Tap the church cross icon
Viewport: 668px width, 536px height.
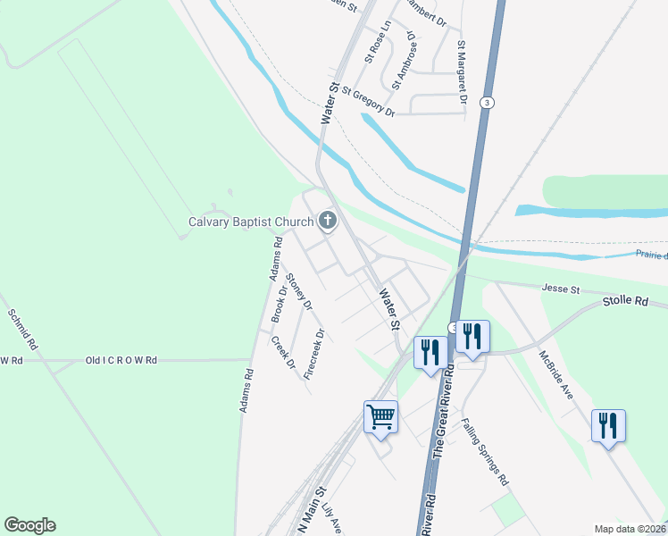tap(327, 220)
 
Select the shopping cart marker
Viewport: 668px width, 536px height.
tap(381, 417)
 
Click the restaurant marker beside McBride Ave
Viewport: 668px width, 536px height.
tap(607, 426)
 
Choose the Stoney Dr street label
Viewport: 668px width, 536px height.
tap(300, 294)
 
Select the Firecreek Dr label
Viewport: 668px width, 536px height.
tap(313, 355)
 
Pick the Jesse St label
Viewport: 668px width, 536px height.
tap(562, 289)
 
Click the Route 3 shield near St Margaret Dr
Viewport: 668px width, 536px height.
tap(486, 101)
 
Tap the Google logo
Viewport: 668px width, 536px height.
tap(29, 525)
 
